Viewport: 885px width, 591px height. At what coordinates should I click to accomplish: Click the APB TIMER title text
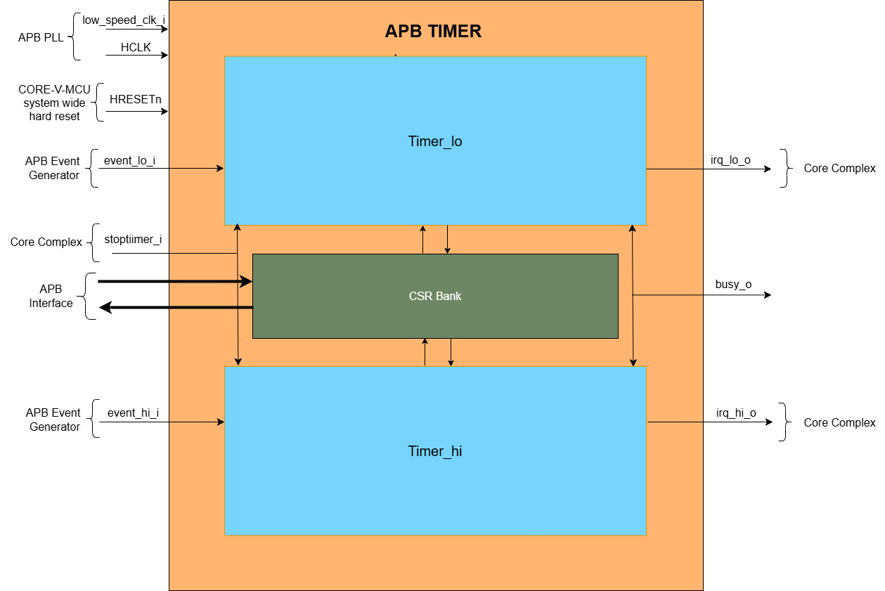pyautogui.click(x=433, y=32)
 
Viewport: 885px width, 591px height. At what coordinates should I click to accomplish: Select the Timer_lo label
pyautogui.click(x=435, y=141)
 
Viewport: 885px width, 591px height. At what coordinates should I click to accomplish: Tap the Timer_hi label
pyautogui.click(x=435, y=451)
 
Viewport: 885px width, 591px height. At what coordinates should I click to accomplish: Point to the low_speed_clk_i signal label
pyautogui.click(x=124, y=20)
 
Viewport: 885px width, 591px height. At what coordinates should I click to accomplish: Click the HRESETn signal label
pyautogui.click(x=136, y=100)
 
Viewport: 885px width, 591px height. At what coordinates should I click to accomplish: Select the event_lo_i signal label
pyautogui.click(x=130, y=160)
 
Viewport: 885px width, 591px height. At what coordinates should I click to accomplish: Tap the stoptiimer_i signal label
pyautogui.click(x=133, y=240)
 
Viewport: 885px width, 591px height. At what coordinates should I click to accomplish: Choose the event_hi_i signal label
pyautogui.click(x=133, y=413)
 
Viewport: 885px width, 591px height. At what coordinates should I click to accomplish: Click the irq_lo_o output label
pyautogui.click(x=730, y=160)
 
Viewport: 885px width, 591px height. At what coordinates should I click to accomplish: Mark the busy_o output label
pyautogui.click(x=733, y=285)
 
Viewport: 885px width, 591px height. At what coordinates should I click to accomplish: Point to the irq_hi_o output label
pyautogui.click(x=736, y=413)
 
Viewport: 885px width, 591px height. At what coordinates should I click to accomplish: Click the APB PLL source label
pyautogui.click(x=41, y=37)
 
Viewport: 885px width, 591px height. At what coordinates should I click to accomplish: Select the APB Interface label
pyautogui.click(x=51, y=296)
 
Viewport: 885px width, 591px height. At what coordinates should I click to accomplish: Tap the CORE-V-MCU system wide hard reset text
pyautogui.click(x=54, y=103)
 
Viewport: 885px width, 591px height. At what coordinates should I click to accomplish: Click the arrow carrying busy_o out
pyautogui.click(x=703, y=295)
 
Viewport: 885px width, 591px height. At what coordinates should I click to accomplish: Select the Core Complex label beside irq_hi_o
pyautogui.click(x=839, y=422)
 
